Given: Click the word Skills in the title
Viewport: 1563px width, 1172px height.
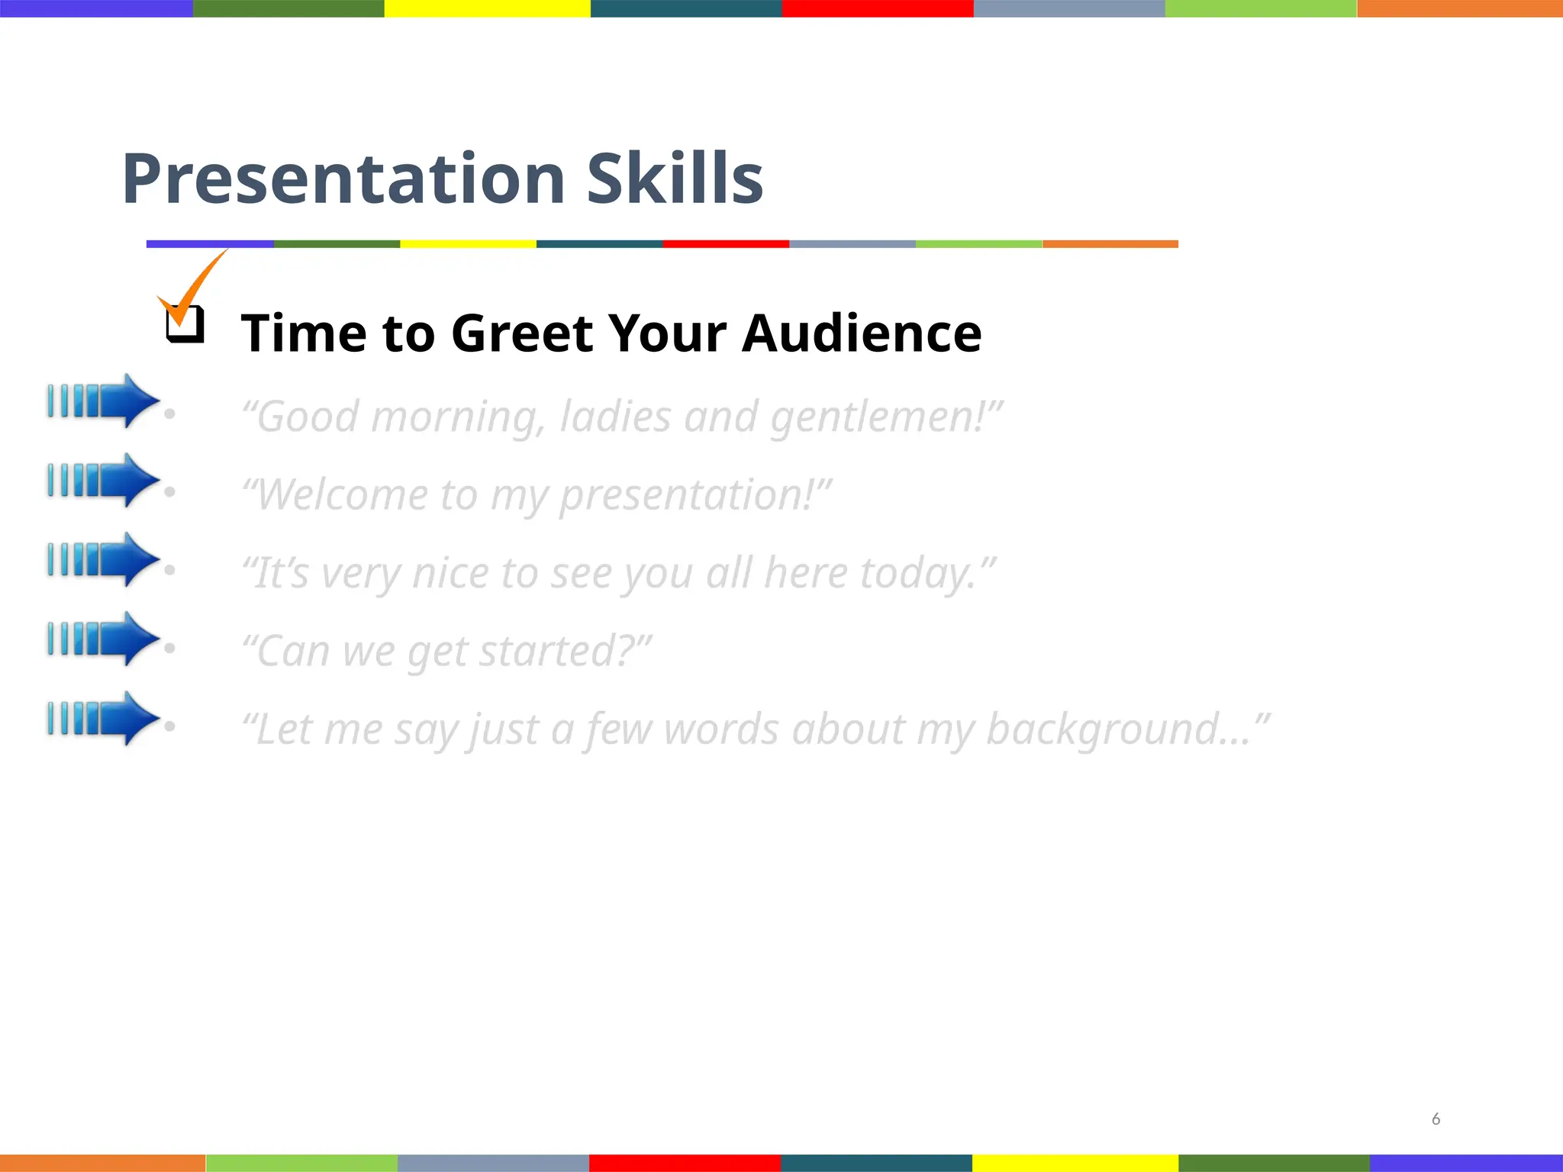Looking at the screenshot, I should pos(675,179).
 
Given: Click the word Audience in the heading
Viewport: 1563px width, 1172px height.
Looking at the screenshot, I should pos(862,333).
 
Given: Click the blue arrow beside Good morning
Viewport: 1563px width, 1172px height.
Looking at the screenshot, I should pos(103,401).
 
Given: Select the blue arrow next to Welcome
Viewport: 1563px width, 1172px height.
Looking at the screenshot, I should pos(103,480).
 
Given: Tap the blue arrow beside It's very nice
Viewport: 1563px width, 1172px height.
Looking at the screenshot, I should pos(103,559).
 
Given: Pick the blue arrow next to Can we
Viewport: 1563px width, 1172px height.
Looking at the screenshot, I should pos(103,639).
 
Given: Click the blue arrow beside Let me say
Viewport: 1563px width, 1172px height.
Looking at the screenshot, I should pos(103,718).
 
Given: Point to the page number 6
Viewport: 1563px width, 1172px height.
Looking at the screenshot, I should pos(1436,1119).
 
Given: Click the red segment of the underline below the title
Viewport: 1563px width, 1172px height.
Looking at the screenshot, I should pos(725,244).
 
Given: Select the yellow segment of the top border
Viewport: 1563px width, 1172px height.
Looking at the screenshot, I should pos(487,8).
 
